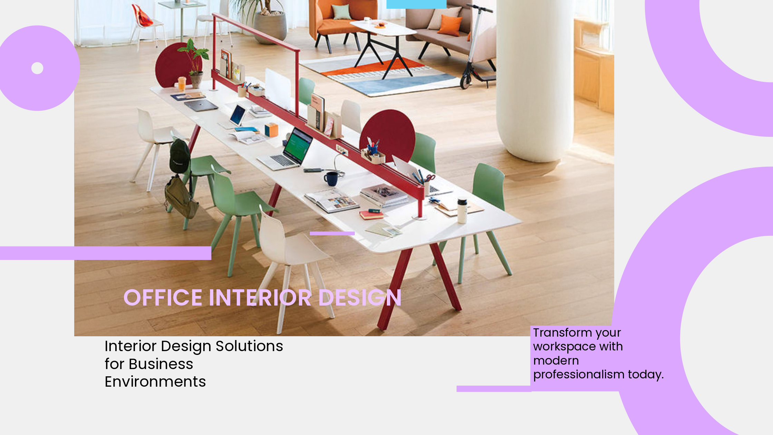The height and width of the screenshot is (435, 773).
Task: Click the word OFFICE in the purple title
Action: pos(163,298)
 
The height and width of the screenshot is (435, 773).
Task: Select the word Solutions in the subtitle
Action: pos(249,346)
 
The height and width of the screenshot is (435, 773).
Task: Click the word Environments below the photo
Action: pos(155,382)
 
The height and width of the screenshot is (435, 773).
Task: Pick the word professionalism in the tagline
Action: pos(579,375)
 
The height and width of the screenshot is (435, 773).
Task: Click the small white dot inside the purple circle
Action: pos(37,68)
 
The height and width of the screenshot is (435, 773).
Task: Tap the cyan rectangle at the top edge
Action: pos(416,4)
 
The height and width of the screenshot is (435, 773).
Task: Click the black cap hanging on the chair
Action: pos(179,156)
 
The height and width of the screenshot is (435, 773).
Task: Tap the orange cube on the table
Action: pos(271,130)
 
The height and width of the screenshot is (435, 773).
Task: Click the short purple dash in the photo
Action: pos(332,234)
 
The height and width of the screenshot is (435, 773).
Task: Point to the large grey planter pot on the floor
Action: pos(270,28)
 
